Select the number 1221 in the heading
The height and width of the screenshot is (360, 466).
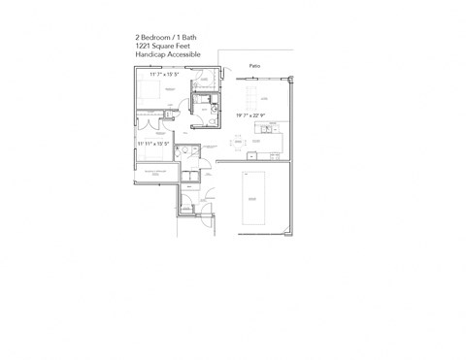click(144, 46)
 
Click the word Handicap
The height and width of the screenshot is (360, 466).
click(150, 54)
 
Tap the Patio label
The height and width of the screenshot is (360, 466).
click(254, 66)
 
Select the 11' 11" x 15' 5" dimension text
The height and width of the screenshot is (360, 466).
click(153, 144)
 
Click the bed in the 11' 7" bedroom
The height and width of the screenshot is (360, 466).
click(150, 92)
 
